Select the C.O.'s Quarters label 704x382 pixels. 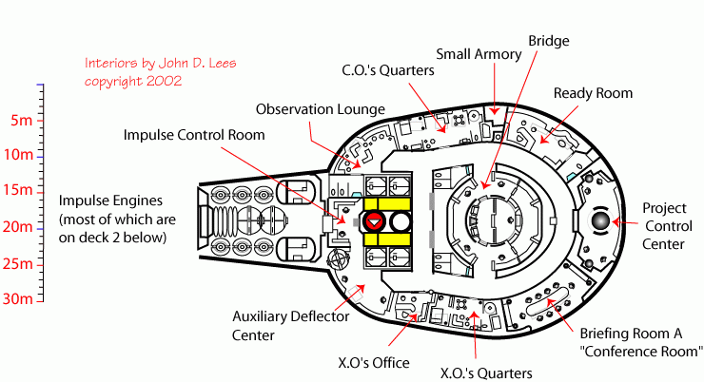387,70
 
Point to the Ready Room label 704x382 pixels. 594,93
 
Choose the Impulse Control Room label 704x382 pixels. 194,135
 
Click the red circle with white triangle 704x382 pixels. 374,221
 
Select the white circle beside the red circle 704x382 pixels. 400,221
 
